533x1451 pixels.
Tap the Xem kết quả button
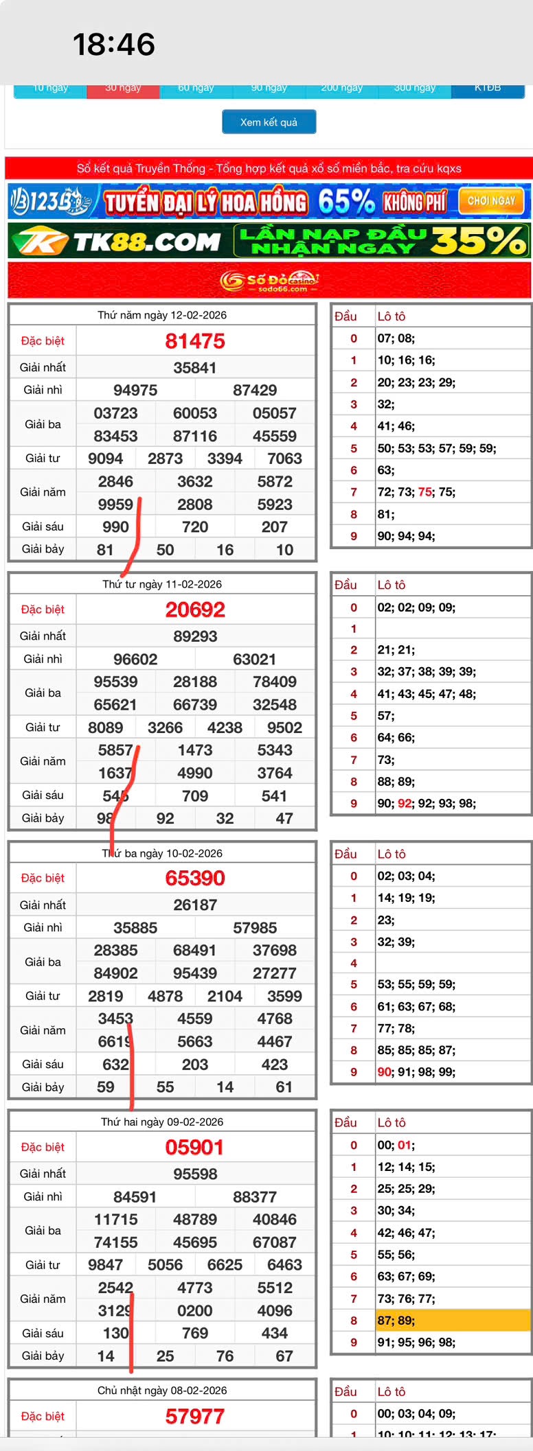coord(269,122)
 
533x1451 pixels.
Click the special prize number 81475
coord(195,341)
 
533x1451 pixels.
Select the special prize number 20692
coord(195,610)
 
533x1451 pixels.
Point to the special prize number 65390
coord(195,878)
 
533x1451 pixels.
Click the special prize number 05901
coord(194,1147)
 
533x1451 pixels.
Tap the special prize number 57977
coord(195,1416)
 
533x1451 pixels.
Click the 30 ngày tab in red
coord(123,89)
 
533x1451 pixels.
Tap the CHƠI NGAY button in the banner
coord(491,201)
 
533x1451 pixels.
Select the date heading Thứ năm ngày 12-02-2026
coord(162,315)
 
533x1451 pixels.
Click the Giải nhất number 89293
coord(195,636)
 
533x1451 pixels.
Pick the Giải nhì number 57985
coord(255,928)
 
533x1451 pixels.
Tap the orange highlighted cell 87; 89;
coord(453,1320)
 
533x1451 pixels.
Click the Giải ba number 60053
coord(195,413)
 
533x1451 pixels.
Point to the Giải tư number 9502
coord(284,728)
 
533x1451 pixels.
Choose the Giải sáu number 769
coord(195,1333)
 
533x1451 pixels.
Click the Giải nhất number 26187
coord(195,905)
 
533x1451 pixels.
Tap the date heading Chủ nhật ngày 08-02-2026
coord(162,1390)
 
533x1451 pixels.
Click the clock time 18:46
coord(114,45)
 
